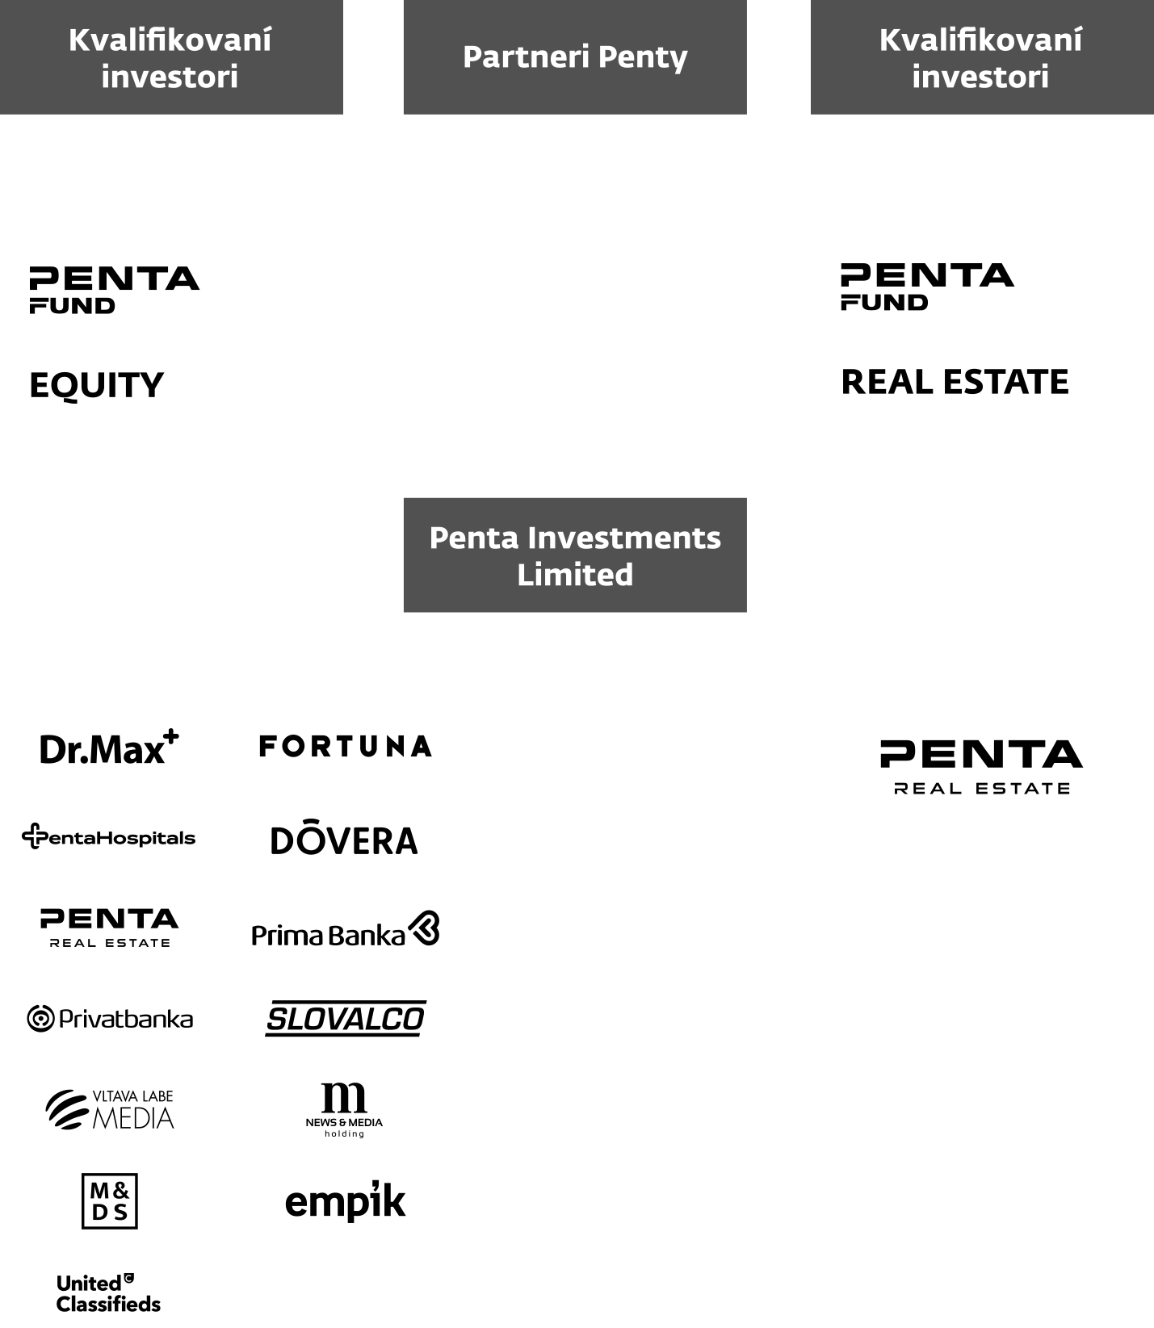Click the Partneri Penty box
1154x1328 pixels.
(x=575, y=57)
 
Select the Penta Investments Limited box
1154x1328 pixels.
(x=575, y=555)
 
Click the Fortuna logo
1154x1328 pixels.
(x=345, y=746)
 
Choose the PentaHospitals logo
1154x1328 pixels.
(x=109, y=837)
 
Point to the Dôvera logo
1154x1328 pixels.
(x=345, y=840)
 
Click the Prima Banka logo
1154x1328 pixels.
(x=345, y=931)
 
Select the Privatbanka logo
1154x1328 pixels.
(x=109, y=1019)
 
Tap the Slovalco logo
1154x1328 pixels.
(x=345, y=1019)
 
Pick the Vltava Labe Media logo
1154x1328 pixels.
(x=109, y=1110)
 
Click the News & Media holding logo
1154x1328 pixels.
(x=345, y=1109)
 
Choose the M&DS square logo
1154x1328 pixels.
(x=110, y=1201)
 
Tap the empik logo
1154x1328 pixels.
(x=345, y=1201)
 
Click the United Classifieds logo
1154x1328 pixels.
(x=109, y=1293)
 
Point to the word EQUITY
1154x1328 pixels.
(x=96, y=385)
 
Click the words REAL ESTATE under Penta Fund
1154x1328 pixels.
(x=955, y=382)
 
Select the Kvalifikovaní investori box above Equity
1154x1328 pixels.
(x=170, y=57)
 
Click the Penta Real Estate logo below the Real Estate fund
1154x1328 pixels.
(x=981, y=767)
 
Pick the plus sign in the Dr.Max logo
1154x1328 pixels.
(x=170, y=735)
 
